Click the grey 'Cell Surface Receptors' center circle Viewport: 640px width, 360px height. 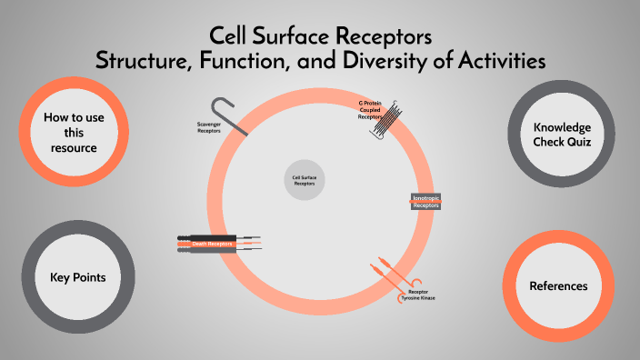[304, 179]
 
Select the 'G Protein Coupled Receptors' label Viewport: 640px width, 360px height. [369, 110]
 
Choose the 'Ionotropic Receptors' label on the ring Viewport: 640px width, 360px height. [425, 202]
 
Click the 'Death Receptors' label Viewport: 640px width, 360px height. [213, 244]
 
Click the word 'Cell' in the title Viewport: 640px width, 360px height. [231, 37]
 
